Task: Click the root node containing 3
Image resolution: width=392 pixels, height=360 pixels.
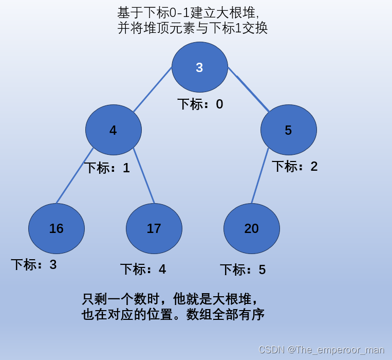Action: click(199, 67)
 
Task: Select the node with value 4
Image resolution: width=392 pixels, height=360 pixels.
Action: click(113, 130)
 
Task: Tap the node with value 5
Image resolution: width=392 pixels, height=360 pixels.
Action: click(288, 130)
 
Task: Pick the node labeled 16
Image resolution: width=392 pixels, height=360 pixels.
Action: click(57, 228)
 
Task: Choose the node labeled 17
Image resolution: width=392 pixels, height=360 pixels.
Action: click(154, 228)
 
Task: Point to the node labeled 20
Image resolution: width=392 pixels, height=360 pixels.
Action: click(251, 228)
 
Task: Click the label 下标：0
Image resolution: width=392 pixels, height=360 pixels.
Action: click(200, 104)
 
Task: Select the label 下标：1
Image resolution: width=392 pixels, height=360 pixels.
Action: click(107, 168)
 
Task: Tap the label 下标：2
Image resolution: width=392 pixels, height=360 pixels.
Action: click(294, 166)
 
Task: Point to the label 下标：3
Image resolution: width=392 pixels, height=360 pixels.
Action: click(34, 265)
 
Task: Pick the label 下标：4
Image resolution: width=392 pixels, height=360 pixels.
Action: click(143, 269)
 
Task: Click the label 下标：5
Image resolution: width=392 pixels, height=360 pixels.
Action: click(242, 269)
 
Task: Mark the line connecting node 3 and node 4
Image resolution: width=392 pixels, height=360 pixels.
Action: click(152, 90)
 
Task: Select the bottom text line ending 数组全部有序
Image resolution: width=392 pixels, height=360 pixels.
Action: click(173, 314)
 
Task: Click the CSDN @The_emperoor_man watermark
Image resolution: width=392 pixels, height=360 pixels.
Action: click(321, 350)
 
